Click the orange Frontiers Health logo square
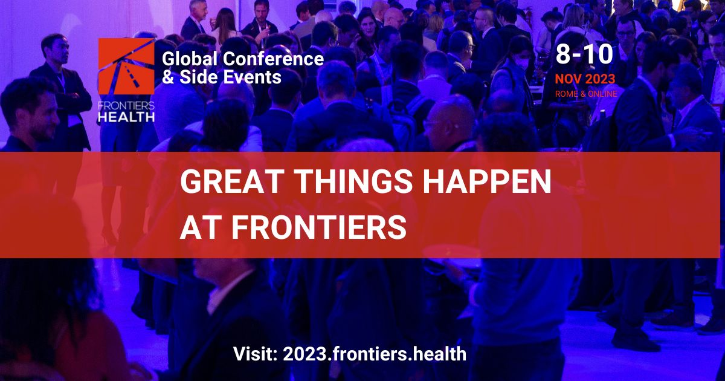coord(126,67)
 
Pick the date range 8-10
coord(584,54)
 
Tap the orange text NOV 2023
coord(585,79)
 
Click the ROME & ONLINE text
coord(586,94)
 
